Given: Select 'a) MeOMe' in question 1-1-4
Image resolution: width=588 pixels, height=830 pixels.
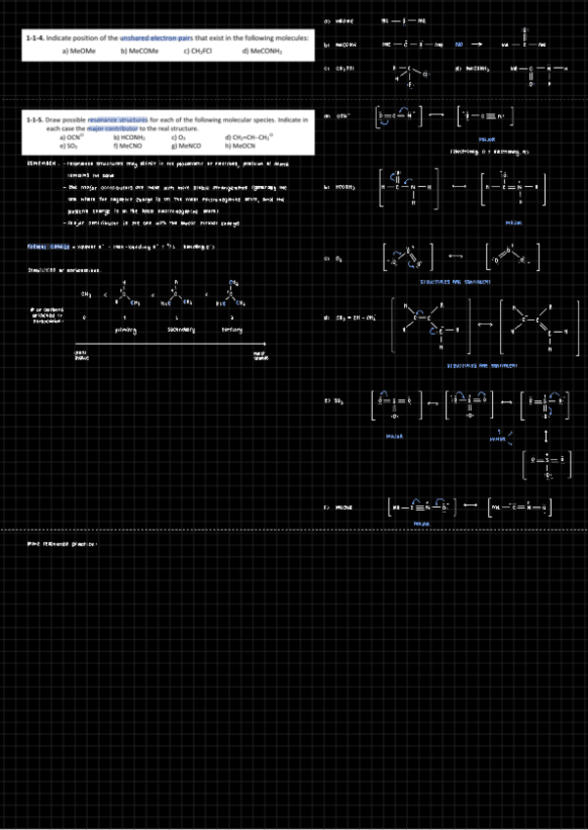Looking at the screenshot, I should point(77,49).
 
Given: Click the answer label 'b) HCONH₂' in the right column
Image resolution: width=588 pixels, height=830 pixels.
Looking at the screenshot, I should point(339,186).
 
